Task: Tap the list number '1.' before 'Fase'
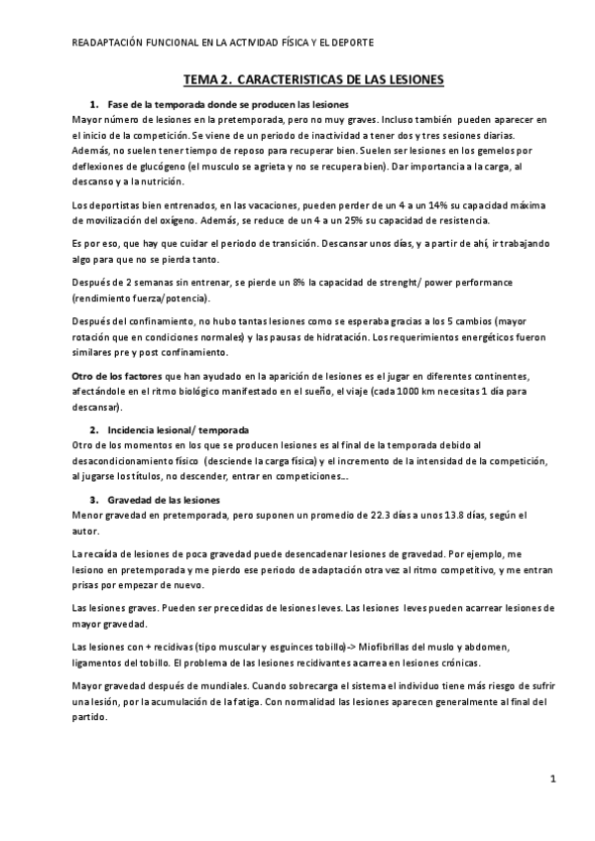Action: coord(95,104)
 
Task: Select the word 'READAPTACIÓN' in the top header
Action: coord(106,43)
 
